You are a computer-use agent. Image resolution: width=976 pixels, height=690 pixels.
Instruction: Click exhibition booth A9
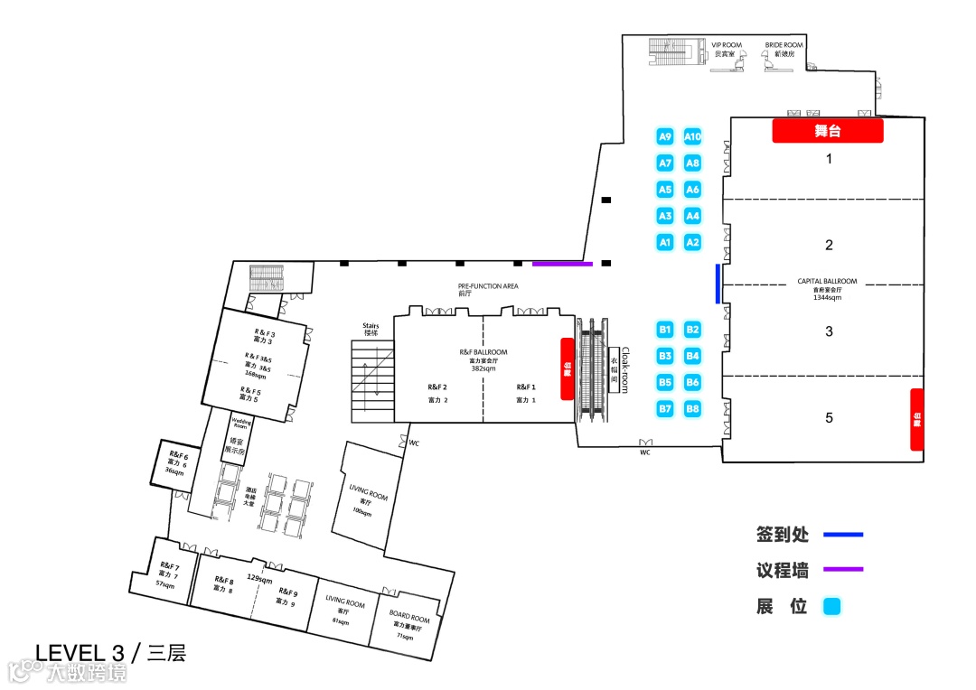tap(665, 136)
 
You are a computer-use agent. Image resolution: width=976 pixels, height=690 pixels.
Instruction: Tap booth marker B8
tap(692, 409)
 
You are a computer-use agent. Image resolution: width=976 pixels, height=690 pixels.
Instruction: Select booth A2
tap(692, 242)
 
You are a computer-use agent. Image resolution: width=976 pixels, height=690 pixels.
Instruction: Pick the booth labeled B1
tap(665, 330)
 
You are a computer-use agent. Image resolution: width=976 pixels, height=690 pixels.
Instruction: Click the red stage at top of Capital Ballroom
tap(827, 131)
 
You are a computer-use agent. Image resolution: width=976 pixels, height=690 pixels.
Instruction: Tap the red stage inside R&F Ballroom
tap(568, 368)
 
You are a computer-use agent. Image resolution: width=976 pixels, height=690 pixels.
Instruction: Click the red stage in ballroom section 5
tap(916, 419)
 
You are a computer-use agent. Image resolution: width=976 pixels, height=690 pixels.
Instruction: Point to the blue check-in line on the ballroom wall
tap(718, 283)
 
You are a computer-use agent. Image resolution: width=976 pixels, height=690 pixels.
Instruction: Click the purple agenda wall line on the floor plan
tap(562, 264)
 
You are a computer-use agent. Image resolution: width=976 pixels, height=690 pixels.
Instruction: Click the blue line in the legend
tap(842, 535)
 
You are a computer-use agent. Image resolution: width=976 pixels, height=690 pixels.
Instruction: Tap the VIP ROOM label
tap(726, 45)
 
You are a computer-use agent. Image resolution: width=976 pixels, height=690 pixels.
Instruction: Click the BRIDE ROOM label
tap(784, 45)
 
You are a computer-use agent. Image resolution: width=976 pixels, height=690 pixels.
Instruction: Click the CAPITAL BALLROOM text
tap(827, 281)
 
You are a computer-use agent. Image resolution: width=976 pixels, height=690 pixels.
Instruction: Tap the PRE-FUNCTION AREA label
tap(488, 285)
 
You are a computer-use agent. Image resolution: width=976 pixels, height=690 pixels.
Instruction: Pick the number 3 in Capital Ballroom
tap(829, 331)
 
